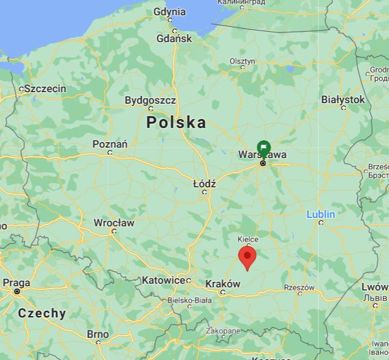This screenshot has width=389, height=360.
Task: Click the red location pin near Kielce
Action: pos(247,257)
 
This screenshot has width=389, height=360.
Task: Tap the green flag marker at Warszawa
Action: pos(263,148)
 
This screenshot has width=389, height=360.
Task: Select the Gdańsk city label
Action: pos(174,38)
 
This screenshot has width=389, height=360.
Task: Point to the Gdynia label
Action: pos(170,12)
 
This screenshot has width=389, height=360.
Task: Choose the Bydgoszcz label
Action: pos(150,100)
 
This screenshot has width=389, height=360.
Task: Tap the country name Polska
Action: pos(176,123)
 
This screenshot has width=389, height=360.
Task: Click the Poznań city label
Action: pos(110,144)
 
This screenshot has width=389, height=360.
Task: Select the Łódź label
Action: pos(204,184)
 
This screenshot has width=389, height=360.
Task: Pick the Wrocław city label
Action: pos(114,223)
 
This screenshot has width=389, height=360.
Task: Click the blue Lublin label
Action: pos(321,214)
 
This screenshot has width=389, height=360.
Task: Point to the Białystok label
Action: pos(343,99)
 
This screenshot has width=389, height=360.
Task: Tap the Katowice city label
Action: pos(163,280)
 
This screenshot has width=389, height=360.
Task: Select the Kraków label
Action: pos(223,284)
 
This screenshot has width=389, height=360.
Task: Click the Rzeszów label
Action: pos(299,287)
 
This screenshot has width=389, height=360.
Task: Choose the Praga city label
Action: pos(16,283)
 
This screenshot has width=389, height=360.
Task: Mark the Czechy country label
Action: pos(42,314)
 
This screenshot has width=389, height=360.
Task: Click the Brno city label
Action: pos(98,334)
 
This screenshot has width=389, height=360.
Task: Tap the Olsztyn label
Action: pos(242,61)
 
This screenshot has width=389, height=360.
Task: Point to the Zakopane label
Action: pos(223,331)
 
